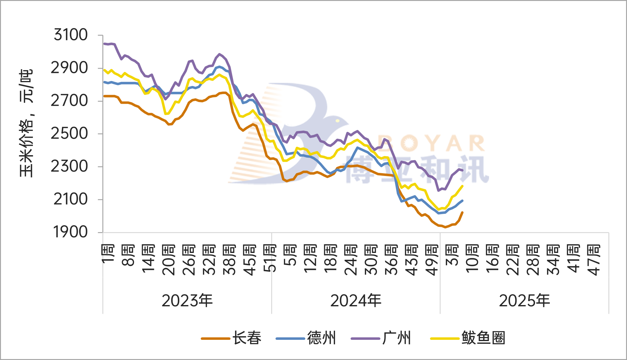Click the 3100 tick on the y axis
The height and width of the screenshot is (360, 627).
click(71, 34)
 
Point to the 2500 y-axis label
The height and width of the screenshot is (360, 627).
click(69, 134)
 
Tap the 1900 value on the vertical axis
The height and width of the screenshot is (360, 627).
click(70, 232)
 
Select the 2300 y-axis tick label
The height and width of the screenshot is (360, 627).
click(69, 167)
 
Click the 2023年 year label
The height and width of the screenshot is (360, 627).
click(187, 301)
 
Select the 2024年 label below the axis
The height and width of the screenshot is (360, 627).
click(356, 301)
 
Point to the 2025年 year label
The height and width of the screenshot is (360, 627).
click(524, 301)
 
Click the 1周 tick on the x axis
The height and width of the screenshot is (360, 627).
click(108, 254)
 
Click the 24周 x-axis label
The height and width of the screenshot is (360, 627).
click(351, 260)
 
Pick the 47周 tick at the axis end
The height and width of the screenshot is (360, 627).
click(593, 260)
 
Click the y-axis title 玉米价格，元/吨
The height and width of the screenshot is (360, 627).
click(26, 123)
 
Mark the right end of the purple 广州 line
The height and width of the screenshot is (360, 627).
click(463, 170)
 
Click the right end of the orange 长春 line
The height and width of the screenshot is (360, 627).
click(463, 212)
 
